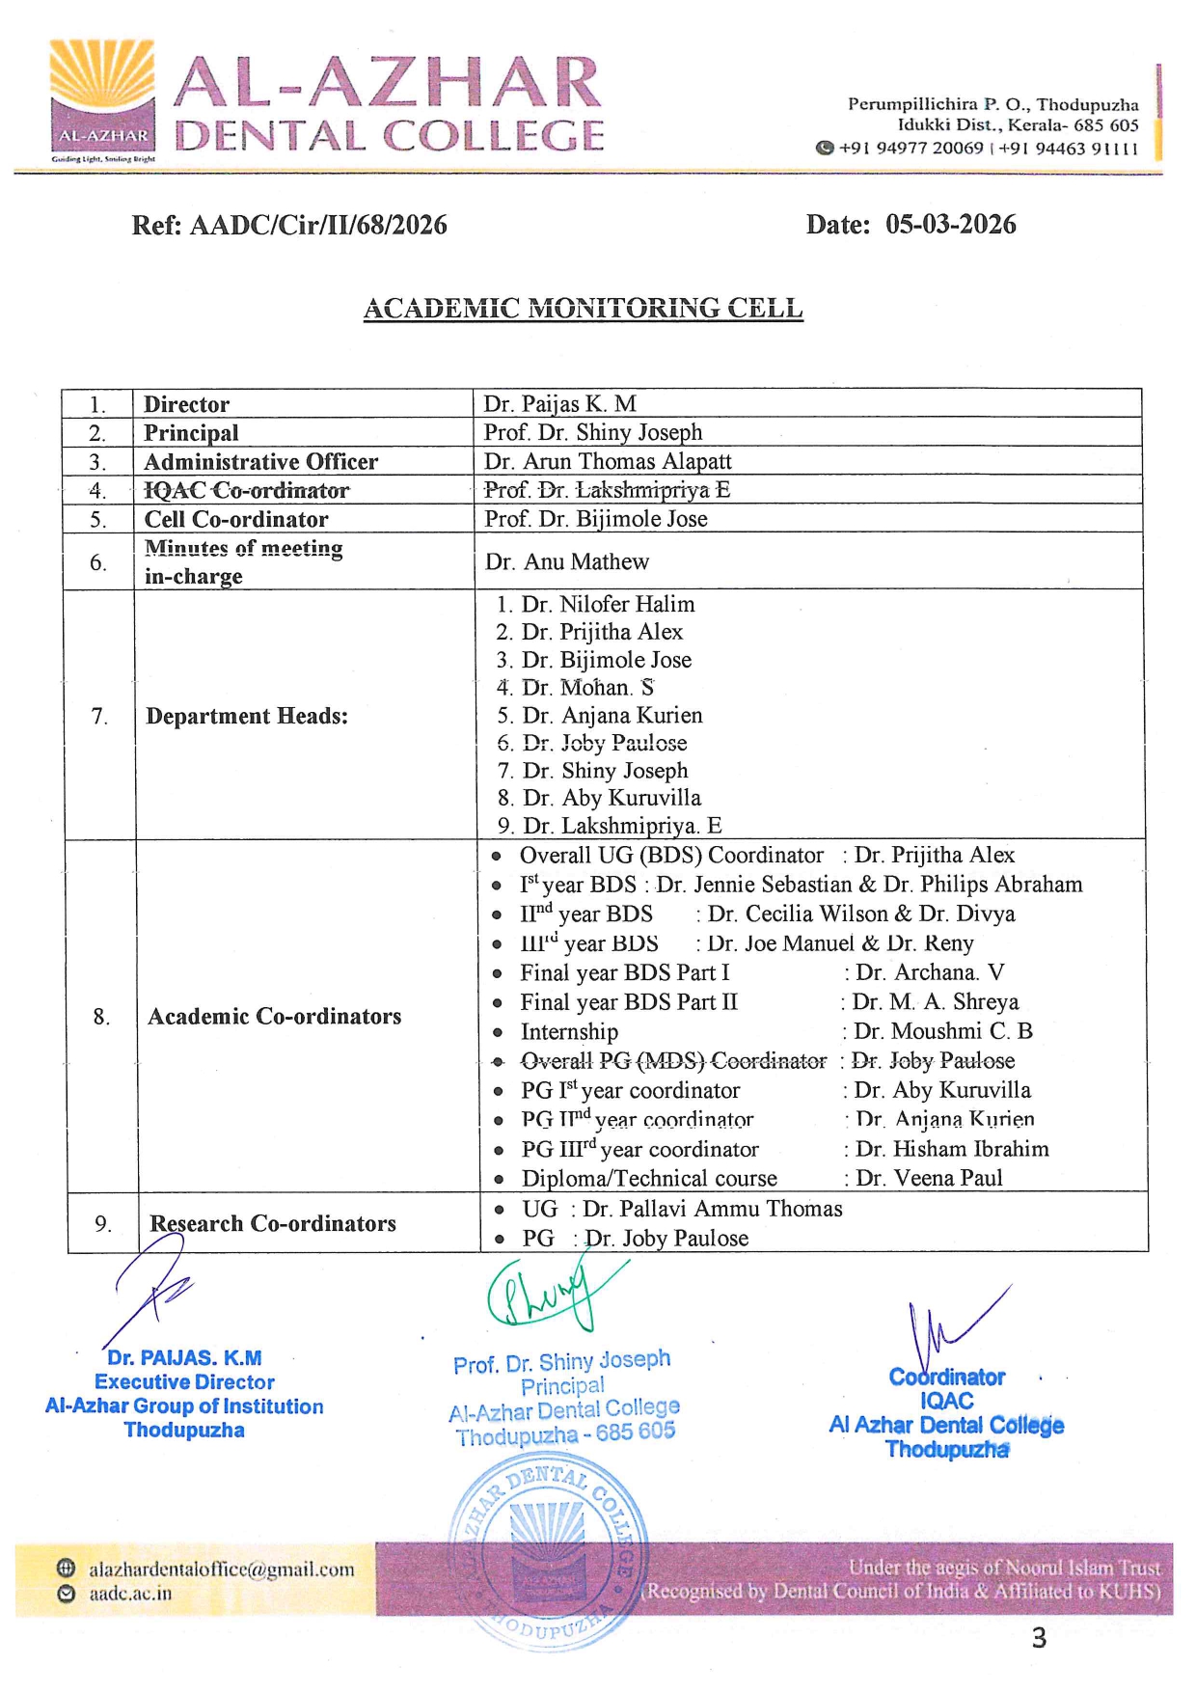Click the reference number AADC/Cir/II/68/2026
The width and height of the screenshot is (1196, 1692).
(x=318, y=226)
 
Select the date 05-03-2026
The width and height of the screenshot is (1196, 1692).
(x=950, y=225)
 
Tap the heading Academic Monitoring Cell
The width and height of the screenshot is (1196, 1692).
(x=583, y=309)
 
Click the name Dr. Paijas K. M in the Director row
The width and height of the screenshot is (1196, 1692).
(x=559, y=404)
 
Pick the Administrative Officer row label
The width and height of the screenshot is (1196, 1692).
(x=260, y=462)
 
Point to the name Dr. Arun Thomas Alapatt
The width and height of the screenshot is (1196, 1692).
(x=608, y=462)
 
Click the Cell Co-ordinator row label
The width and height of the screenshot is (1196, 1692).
(x=236, y=519)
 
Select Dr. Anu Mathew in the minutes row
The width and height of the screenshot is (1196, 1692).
(x=567, y=561)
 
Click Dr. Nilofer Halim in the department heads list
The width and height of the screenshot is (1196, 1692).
(x=608, y=605)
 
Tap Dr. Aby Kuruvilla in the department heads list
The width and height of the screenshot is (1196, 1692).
(x=612, y=799)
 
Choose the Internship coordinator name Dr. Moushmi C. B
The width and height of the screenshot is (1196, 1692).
(x=943, y=1031)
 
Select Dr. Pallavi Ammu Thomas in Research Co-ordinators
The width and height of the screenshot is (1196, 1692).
(x=712, y=1209)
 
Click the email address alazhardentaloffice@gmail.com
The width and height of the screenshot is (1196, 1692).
(x=222, y=1569)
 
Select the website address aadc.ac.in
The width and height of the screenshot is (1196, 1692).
(x=130, y=1594)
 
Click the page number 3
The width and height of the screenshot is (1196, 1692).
(x=1039, y=1638)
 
